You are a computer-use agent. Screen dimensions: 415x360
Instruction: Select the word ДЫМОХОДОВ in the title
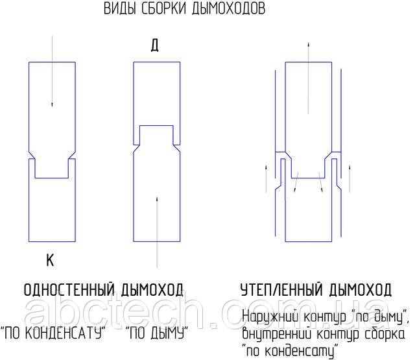point(228,8)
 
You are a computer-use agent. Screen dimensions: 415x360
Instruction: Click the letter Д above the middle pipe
point(154,45)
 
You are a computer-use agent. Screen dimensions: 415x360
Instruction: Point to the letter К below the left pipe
point(50,260)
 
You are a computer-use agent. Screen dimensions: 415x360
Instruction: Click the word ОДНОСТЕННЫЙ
point(69,290)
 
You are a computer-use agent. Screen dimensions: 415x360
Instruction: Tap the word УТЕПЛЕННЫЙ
point(282,290)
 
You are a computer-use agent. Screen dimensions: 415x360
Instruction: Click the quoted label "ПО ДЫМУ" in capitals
point(157,333)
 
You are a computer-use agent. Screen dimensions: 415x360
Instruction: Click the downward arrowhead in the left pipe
point(52,104)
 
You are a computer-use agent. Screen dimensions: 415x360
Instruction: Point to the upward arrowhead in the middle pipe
point(157,199)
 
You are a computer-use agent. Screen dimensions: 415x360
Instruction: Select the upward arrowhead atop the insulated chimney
point(309,45)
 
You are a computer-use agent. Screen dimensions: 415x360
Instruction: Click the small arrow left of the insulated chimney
point(267,178)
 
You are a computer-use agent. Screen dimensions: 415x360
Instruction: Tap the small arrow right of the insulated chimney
point(350,178)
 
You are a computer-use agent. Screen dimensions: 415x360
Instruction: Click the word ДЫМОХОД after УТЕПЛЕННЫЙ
point(361,290)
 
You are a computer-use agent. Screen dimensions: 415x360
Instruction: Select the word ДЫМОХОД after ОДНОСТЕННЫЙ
point(152,290)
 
